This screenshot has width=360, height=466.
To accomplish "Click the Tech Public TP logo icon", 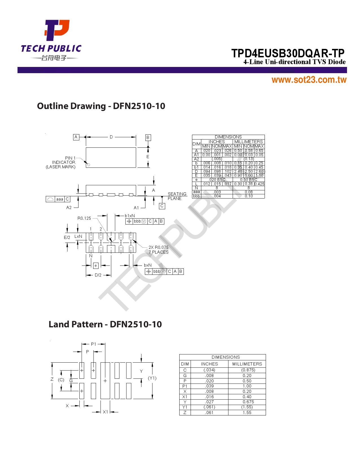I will [57, 30].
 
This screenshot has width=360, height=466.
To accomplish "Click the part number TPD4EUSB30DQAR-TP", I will [288, 53].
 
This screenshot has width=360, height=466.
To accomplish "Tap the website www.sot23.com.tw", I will [309, 80].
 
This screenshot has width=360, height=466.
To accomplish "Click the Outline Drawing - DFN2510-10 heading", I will [101, 106].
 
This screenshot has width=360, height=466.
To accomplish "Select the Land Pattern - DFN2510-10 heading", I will [105, 324].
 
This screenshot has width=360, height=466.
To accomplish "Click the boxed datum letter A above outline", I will [76, 137].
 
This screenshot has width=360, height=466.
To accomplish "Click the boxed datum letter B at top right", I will [148, 138].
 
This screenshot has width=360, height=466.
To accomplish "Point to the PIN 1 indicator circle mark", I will [88, 165].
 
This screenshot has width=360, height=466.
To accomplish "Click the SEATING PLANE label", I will [177, 196].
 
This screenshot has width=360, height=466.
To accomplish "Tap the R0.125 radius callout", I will [84, 218].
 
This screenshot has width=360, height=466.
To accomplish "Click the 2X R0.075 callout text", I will [158, 247].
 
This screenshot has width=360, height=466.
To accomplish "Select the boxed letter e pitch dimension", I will [96, 265].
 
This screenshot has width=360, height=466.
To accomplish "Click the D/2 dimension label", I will [98, 275].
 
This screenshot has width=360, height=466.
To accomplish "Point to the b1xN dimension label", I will [130, 216].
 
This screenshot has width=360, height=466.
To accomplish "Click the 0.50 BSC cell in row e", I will [248, 180].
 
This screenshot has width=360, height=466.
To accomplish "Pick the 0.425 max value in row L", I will [259, 184].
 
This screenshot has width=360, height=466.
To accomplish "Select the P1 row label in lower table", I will [185, 386].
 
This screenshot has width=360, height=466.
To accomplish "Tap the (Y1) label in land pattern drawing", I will [152, 378].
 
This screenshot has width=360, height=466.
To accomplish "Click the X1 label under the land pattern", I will [105, 412].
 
